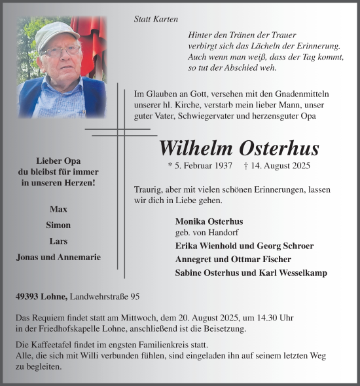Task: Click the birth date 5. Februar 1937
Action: [200, 166]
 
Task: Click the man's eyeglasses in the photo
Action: [60, 50]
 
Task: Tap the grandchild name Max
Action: [58, 208]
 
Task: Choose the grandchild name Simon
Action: [58, 225]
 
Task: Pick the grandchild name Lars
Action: [58, 241]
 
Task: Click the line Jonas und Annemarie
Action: [58, 258]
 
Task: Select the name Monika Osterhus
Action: [209, 222]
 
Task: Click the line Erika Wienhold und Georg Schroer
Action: [244, 246]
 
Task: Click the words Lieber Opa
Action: [58, 160]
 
